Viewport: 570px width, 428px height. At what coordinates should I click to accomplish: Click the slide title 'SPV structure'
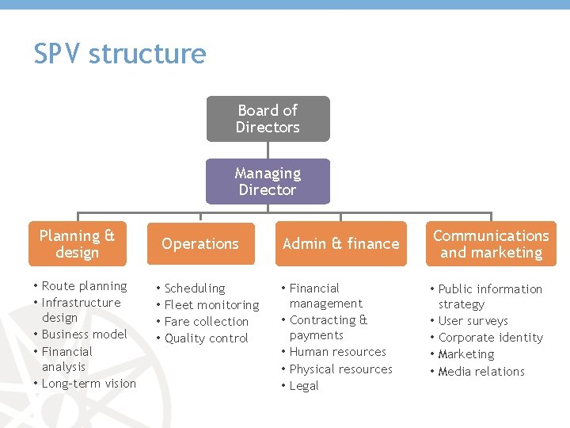coord(120,54)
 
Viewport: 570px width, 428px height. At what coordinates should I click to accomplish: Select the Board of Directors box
coord(268,119)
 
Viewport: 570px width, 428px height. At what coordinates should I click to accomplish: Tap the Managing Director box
coord(268,182)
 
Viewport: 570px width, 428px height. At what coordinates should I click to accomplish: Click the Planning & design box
coord(78,244)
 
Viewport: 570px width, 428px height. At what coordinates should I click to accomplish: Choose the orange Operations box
coord(200,244)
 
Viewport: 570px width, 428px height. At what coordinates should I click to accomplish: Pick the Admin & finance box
coord(340,244)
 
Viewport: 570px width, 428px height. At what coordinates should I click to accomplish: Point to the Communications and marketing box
coord(491,244)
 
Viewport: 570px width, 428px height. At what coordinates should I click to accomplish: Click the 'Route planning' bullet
coord(84,286)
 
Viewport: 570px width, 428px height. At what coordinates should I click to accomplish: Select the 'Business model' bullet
coord(84,334)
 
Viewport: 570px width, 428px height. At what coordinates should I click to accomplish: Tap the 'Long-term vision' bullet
coord(89,384)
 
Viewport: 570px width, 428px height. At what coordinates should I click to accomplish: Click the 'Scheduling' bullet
coord(195,289)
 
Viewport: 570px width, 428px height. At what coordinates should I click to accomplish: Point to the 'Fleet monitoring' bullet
coord(211,305)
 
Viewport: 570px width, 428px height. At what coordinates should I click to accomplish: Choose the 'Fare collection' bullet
coord(206,322)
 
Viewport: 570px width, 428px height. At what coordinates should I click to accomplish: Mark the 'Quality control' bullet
coord(206,338)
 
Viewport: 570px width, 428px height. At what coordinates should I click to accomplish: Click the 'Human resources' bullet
coord(337,352)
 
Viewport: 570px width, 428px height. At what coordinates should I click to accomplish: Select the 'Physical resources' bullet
coord(340,369)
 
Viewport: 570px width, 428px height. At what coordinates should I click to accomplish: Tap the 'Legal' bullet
coord(304,386)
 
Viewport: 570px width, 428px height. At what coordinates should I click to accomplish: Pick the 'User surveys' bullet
coord(473,321)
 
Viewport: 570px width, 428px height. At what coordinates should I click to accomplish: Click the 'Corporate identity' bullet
coord(490,338)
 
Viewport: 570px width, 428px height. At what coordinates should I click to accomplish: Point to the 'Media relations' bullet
coord(481,372)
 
